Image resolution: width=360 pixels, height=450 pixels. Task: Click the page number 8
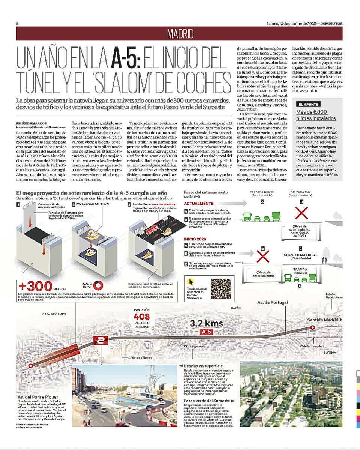pyautogui.click(x=18, y=23)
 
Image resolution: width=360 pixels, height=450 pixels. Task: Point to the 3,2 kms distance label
pyautogui.click(x=206, y=324)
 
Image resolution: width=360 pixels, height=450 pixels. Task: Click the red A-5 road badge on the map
pyautogui.click(x=207, y=332)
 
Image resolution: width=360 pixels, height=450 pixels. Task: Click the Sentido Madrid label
pyautogui.click(x=322, y=320)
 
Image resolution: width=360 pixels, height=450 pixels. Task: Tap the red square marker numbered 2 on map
pyautogui.click(x=100, y=341)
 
